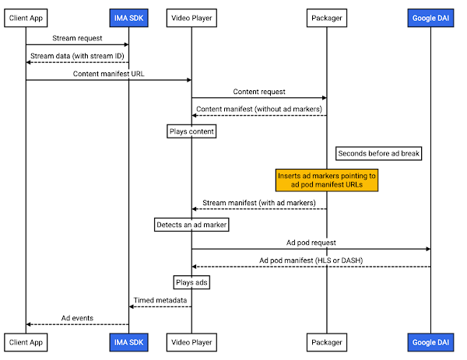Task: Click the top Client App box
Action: point(26,18)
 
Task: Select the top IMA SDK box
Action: point(128,18)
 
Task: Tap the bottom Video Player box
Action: point(191,342)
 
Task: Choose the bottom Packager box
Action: point(327,342)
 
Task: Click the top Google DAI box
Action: point(430,18)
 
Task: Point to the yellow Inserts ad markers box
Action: point(327,180)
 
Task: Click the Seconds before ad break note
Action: point(378,153)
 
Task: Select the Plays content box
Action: point(191,131)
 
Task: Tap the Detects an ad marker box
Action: point(191,225)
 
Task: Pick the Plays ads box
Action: point(191,282)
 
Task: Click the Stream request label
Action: point(77,38)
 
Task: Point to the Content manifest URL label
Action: point(109,74)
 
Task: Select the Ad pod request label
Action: point(311,243)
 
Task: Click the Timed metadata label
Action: point(160,300)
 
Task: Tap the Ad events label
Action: point(77,318)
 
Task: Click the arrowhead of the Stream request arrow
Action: point(127,44)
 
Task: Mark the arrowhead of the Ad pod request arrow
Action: point(428,249)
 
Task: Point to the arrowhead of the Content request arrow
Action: point(325,98)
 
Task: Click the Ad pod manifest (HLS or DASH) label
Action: point(311,260)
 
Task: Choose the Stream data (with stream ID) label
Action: point(77,56)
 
